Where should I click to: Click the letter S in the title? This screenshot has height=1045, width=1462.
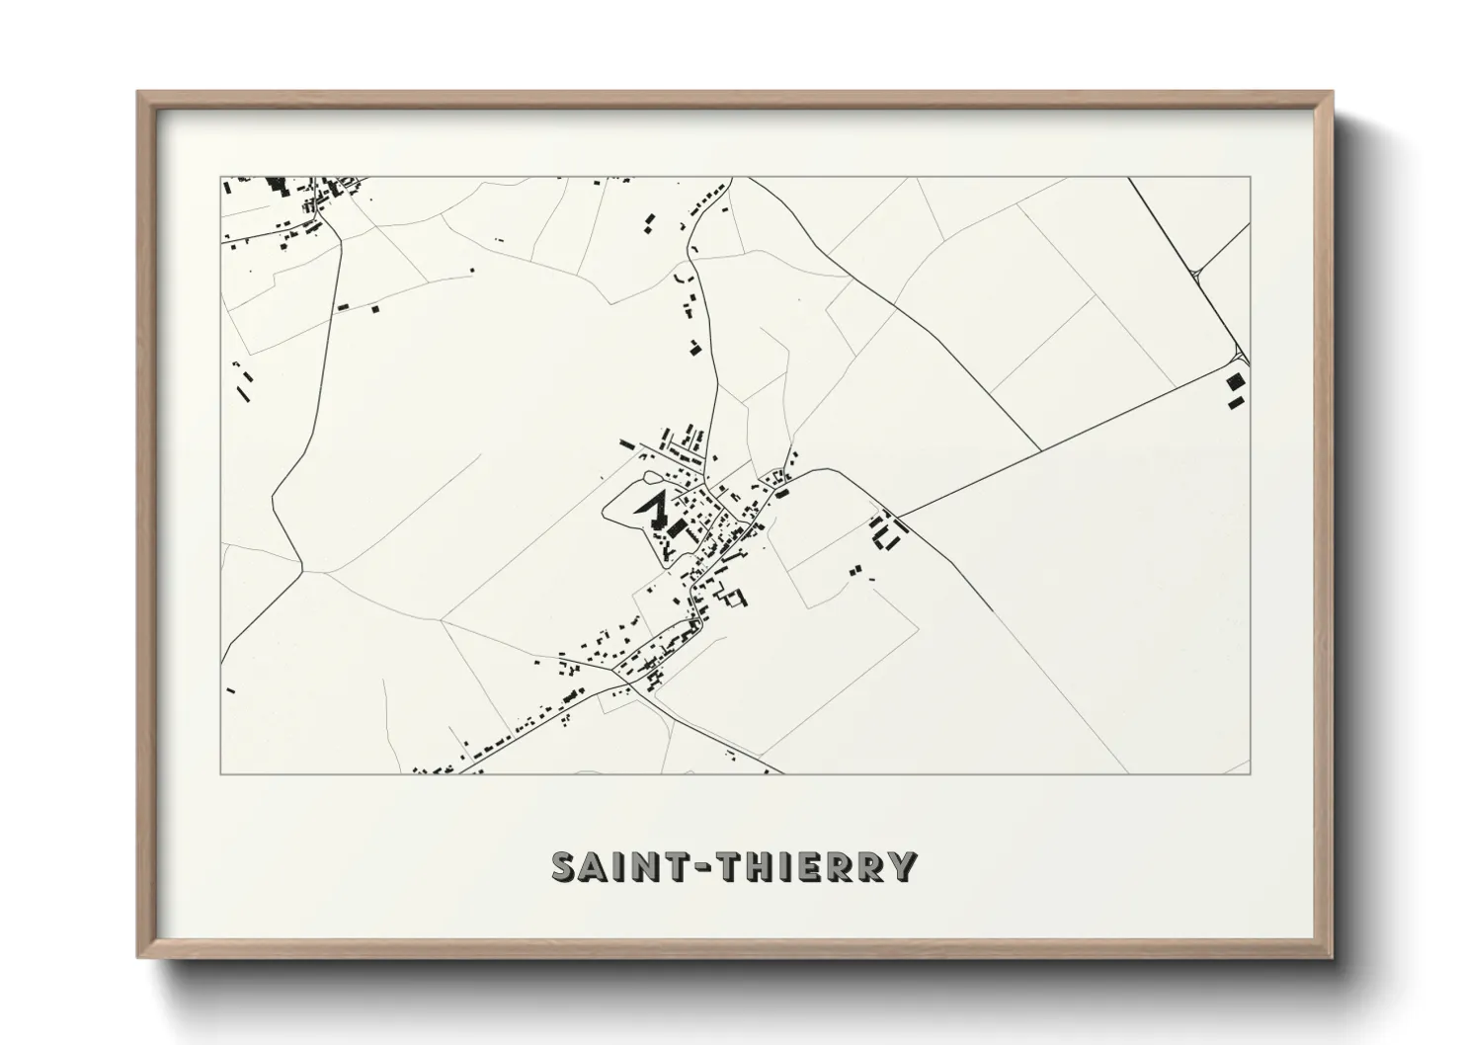click(x=566, y=866)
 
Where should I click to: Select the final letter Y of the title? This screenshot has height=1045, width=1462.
click(x=902, y=866)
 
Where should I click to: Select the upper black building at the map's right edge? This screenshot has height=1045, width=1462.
click(x=1235, y=381)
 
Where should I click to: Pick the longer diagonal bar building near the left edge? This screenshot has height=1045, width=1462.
click(x=241, y=391)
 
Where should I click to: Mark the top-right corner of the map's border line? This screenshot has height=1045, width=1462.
click(x=1251, y=177)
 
